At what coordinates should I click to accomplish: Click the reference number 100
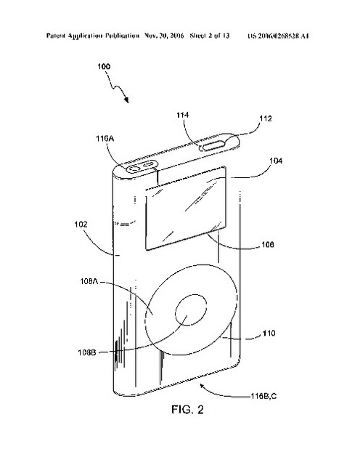pyautogui.click(x=104, y=66)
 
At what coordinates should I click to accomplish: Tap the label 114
pyautogui.click(x=182, y=115)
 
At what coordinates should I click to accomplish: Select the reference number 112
pyautogui.click(x=266, y=118)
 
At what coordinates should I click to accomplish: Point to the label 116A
pyautogui.click(x=105, y=139)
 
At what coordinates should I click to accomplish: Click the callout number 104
pyautogui.click(x=276, y=161)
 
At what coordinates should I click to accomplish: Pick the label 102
pyautogui.click(x=81, y=225)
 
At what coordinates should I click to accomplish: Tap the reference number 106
pyautogui.click(x=268, y=244)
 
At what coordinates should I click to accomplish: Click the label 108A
pyautogui.click(x=89, y=281)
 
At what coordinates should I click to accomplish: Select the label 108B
pyautogui.click(x=87, y=352)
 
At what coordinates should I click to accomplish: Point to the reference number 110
pyautogui.click(x=269, y=333)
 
